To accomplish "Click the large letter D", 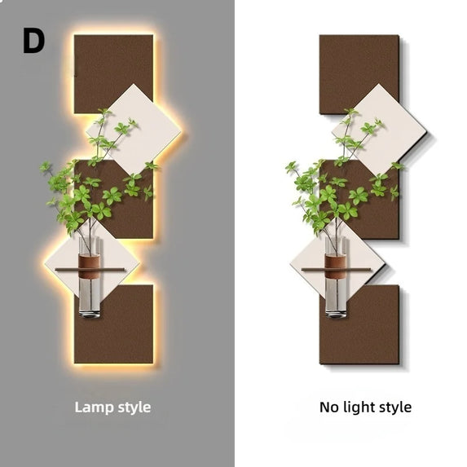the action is pos(34,41).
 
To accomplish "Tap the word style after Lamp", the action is pos(134,408).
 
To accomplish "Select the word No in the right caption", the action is pos(329,408).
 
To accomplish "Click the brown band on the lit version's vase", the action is pos(89,266).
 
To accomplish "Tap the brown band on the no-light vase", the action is pos(336,266).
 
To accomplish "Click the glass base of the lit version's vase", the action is pos(90,297).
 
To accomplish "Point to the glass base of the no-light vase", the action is pos(336,297).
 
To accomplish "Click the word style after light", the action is pos(395,408).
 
